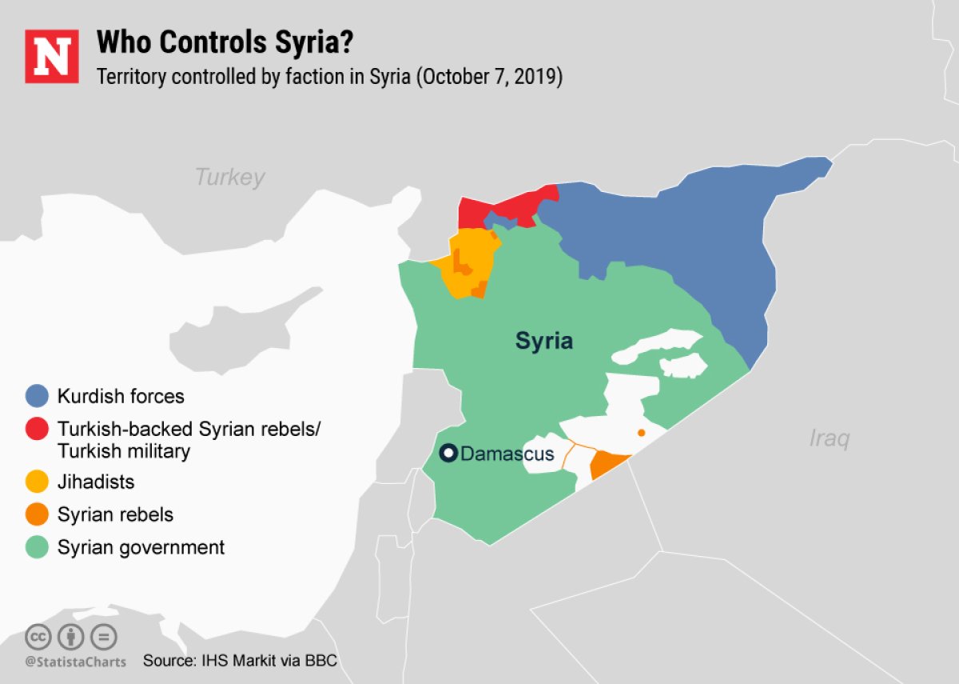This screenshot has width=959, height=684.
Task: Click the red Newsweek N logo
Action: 52,56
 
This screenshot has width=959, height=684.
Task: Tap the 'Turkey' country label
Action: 230,177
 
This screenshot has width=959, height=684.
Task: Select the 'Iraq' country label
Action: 829,438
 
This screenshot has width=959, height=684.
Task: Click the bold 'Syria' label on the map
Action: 543,341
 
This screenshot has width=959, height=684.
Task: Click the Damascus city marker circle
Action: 449,454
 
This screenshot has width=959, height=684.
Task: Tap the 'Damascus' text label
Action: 507,454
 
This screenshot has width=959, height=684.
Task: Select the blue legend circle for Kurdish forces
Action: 38,396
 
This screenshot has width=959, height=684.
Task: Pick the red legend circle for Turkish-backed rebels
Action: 38,429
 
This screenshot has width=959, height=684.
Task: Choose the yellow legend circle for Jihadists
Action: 38,482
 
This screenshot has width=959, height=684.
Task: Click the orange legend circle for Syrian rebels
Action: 38,514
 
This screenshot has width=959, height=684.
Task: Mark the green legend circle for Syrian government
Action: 38,547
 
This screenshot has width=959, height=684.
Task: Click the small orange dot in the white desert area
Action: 641,433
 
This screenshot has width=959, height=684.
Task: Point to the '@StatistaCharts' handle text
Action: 75,662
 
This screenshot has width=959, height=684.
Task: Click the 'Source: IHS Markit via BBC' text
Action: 240,661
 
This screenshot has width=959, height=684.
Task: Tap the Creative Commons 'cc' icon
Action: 38,637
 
